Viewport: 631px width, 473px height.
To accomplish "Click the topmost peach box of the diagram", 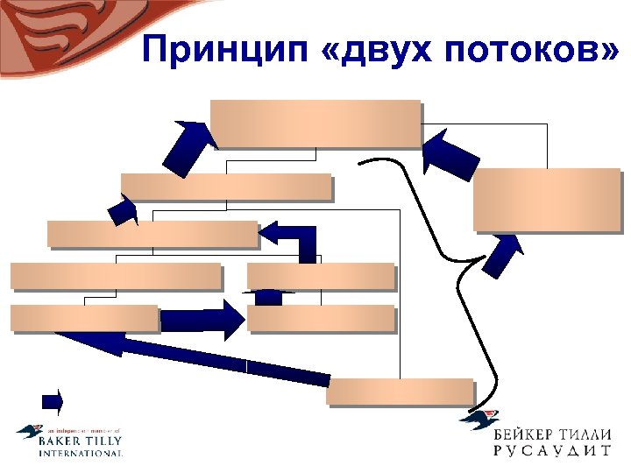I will [315, 124].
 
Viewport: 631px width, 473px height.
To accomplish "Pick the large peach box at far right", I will [546, 199].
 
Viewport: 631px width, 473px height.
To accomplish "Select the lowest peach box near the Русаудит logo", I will [399, 391].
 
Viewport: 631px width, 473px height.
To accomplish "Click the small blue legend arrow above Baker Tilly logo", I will [53, 401].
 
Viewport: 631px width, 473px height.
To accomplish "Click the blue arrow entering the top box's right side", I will [449, 153].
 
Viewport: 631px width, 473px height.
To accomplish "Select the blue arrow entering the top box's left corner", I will [192, 145].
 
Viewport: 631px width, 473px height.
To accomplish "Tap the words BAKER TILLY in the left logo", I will [81, 442].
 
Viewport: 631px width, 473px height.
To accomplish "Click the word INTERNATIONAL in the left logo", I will [81, 454].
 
